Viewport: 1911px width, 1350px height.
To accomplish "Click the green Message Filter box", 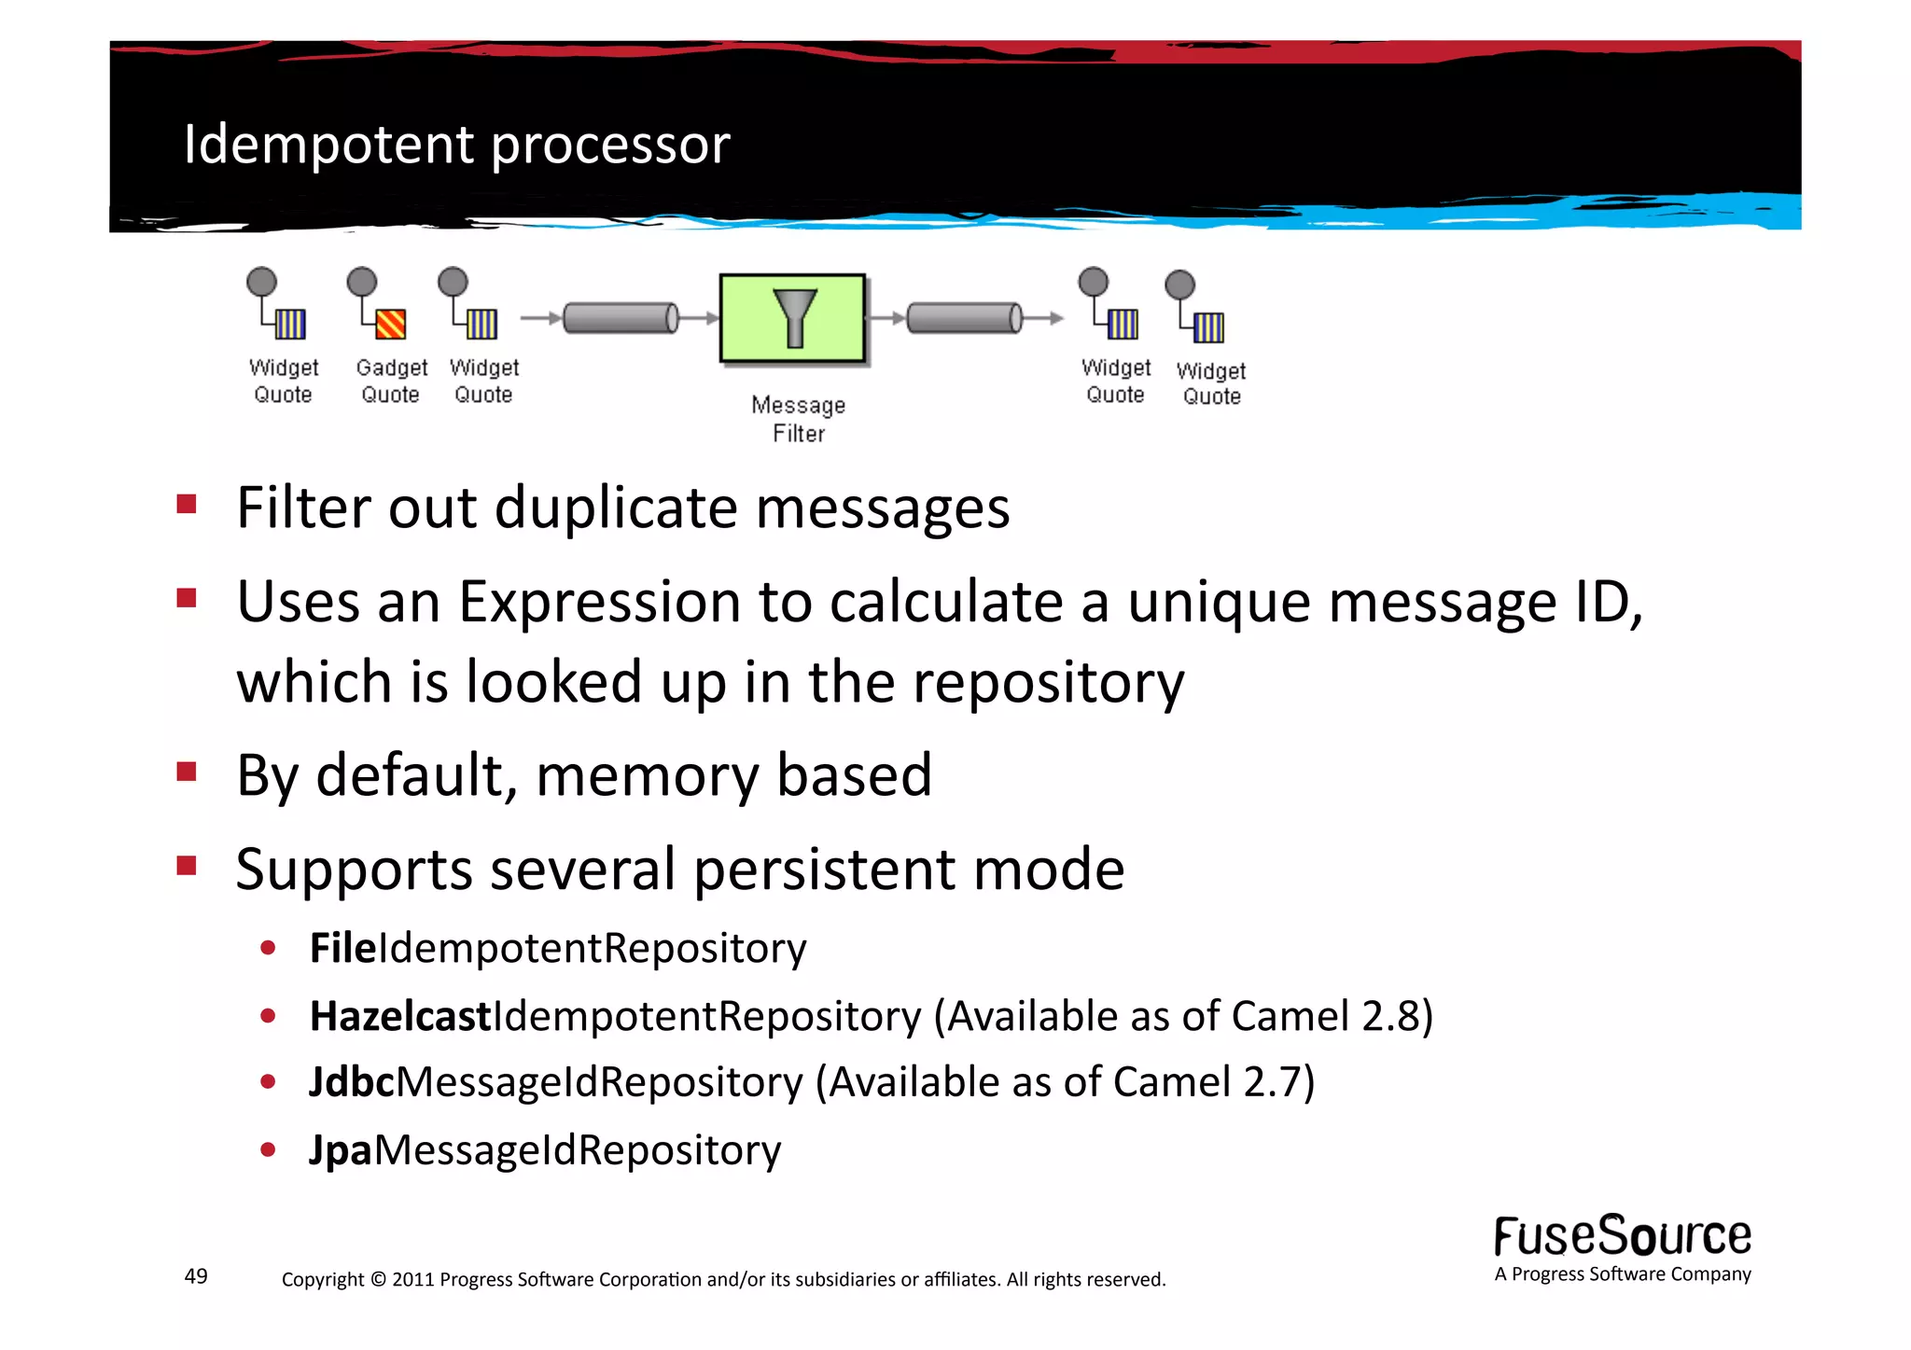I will pos(792,318).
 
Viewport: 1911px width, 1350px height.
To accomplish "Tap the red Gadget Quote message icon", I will pos(390,324).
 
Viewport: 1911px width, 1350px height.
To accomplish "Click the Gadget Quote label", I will pos(391,381).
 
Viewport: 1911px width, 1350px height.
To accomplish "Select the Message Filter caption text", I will pos(799,419).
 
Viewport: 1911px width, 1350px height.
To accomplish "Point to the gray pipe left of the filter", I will pos(621,318).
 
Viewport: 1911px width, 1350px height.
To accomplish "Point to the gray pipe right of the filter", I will pos(964,318).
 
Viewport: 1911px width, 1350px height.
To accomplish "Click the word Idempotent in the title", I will pos(329,145).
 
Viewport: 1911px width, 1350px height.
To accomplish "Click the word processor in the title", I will pos(610,146).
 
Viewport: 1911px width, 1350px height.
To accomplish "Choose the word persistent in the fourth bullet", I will pos(825,870).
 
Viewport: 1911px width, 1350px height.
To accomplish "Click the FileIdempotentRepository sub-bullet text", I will pos(558,949).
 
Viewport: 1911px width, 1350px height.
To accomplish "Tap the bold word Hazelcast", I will pos(400,1016).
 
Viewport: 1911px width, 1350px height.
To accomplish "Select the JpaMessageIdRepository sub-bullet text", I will pos(545,1150).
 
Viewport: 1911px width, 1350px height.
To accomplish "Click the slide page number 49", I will pos(196,1276).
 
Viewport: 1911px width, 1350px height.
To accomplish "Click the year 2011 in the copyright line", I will pos(412,1280).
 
